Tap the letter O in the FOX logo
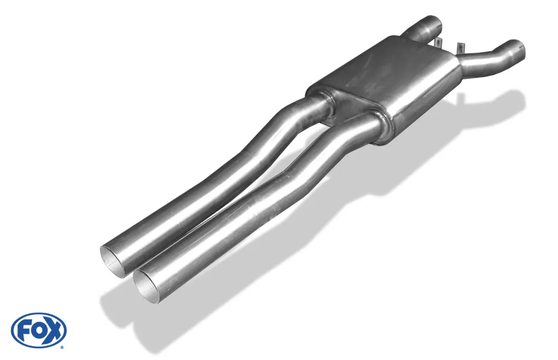(x=39, y=330)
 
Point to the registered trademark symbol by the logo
(x=61, y=347)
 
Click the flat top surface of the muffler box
(x=391, y=70)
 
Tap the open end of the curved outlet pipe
(x=516, y=49)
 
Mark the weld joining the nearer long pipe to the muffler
(x=379, y=118)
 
